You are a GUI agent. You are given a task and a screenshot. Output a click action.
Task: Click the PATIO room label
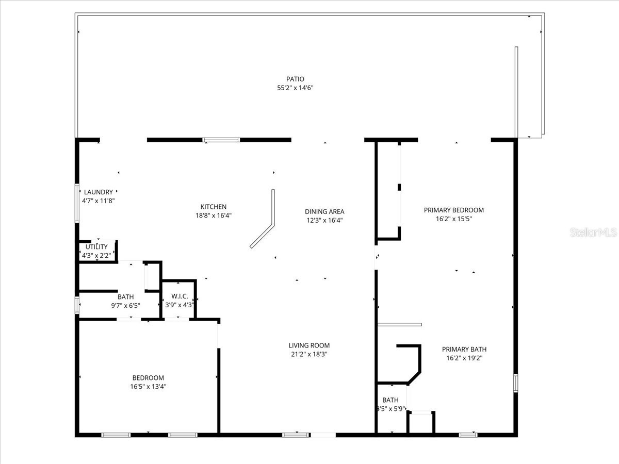295,79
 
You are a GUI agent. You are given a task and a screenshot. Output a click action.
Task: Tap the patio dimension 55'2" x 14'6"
295,88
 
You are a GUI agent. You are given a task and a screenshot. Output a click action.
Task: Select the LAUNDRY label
98,192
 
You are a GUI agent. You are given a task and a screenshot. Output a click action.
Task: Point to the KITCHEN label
214,207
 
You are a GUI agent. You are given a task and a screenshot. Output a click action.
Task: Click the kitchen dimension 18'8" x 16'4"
214,216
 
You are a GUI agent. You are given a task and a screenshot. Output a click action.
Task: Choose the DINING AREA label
324,211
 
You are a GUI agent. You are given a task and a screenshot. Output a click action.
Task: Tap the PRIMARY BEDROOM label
454,210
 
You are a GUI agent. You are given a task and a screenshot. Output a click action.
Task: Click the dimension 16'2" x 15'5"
454,219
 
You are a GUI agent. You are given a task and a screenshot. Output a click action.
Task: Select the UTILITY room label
96,247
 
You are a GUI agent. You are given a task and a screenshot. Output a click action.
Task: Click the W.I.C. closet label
178,296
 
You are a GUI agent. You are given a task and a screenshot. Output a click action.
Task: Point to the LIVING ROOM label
309,345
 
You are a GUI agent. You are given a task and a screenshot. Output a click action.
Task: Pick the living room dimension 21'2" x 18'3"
309,354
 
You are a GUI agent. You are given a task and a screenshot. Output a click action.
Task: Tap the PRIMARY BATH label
464,349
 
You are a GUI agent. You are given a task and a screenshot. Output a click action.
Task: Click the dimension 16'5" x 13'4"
148,386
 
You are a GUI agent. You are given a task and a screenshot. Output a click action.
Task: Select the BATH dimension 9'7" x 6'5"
125,305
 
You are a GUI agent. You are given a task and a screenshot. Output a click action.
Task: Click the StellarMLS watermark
593,233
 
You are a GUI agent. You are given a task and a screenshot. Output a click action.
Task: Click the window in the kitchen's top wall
221,140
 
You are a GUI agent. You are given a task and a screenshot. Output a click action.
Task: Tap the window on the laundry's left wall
77,203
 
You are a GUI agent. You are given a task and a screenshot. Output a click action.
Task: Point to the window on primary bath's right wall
515,384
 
